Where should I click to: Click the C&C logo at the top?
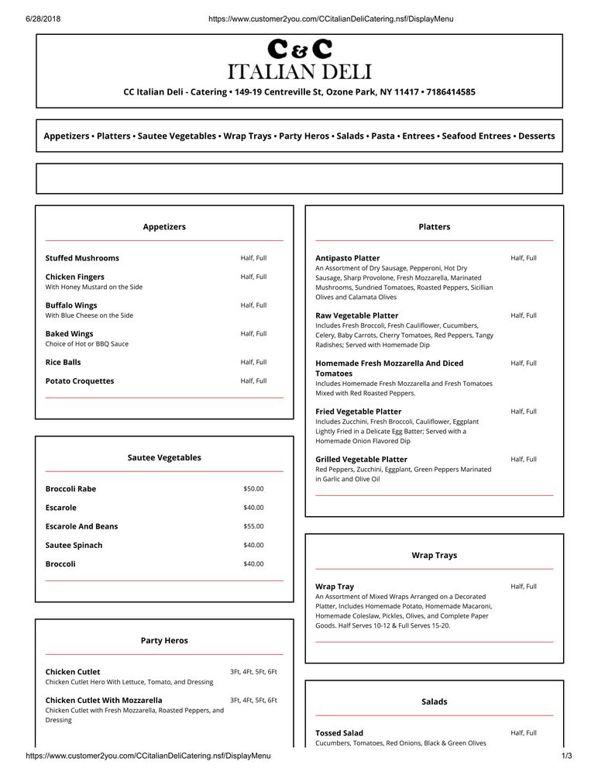[x=299, y=49]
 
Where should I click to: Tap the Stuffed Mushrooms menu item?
[x=82, y=258]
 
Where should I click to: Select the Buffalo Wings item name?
[x=71, y=305]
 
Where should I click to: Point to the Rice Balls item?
[x=64, y=362]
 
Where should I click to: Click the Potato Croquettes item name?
[x=80, y=381]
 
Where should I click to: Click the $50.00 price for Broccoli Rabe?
[x=253, y=489]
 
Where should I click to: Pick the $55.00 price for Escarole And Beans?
[x=253, y=526]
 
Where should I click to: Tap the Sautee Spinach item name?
[x=74, y=546]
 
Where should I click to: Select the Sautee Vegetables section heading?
[x=164, y=458]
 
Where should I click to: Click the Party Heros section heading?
[x=164, y=641]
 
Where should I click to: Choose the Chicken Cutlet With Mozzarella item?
[x=104, y=701]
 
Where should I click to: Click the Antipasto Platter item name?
[x=348, y=258]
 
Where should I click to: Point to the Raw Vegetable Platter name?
[x=357, y=316]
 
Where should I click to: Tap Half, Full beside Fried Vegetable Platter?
[x=524, y=412]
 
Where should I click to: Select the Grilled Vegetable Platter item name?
[x=361, y=460]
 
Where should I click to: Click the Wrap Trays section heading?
[x=434, y=556]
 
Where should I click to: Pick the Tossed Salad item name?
[x=339, y=733]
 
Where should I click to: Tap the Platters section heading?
[x=434, y=227]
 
